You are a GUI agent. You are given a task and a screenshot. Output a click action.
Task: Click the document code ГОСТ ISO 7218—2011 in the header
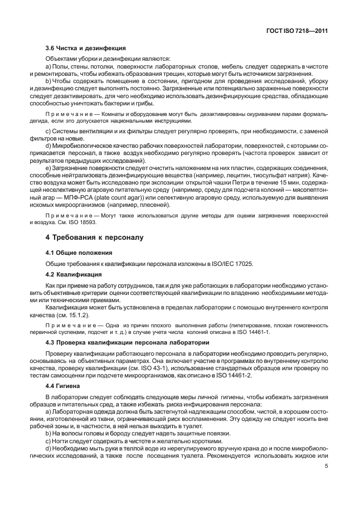[296, 31]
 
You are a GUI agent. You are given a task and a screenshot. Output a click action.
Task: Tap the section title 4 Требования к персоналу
[94, 237]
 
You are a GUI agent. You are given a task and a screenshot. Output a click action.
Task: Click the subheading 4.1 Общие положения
[75, 253]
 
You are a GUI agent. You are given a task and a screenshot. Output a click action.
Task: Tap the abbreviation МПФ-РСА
[79, 196]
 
